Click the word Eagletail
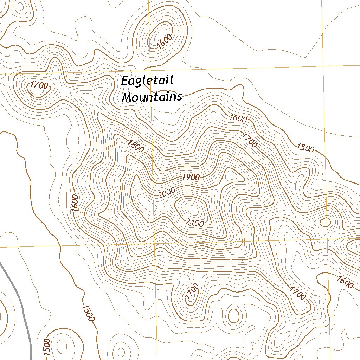click(147, 81)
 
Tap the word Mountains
click(152, 97)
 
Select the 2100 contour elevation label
click(194, 222)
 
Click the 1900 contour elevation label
click(191, 177)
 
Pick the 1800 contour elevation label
click(136, 146)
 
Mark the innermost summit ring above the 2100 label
click(193, 210)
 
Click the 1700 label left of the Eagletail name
click(38, 85)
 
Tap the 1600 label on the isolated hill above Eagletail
click(165, 41)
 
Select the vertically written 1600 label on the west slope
click(75, 203)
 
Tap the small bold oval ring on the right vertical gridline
click(325, 222)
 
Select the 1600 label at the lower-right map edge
click(345, 282)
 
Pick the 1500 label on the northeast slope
click(305, 148)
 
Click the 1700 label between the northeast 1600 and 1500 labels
click(250, 140)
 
